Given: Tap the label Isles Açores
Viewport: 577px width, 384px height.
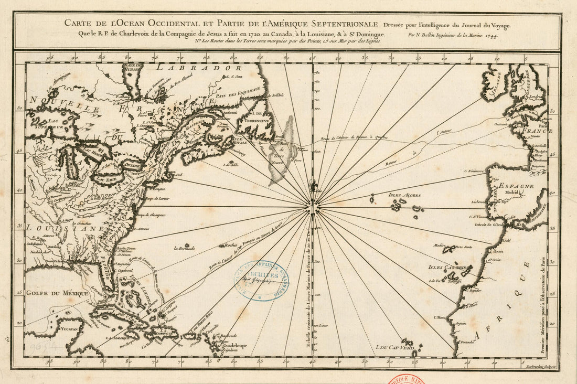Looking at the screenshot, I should pyautogui.click(x=404, y=195).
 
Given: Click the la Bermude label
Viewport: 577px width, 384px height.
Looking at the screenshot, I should pyautogui.click(x=184, y=248).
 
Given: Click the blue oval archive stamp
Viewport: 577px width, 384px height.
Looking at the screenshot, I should pyautogui.click(x=261, y=281).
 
